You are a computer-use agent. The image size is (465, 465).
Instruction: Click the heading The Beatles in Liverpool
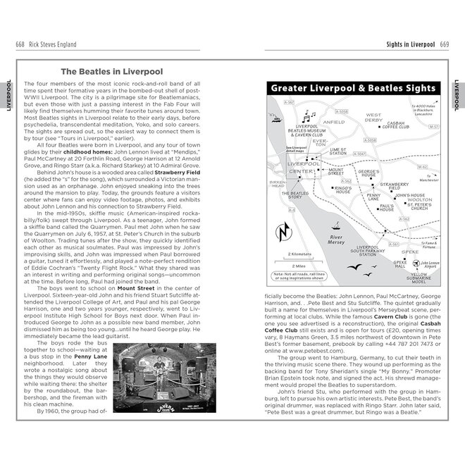(x=111, y=71)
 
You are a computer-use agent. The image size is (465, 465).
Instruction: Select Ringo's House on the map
(x=343, y=189)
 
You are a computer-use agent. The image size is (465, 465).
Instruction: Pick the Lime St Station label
(x=337, y=151)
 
